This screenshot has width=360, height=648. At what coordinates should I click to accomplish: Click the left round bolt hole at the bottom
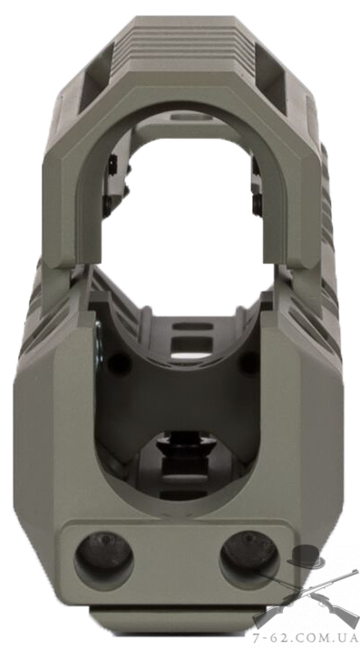pyautogui.click(x=103, y=560)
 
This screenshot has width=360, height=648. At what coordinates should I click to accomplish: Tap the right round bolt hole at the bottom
pyautogui.click(x=248, y=558)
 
